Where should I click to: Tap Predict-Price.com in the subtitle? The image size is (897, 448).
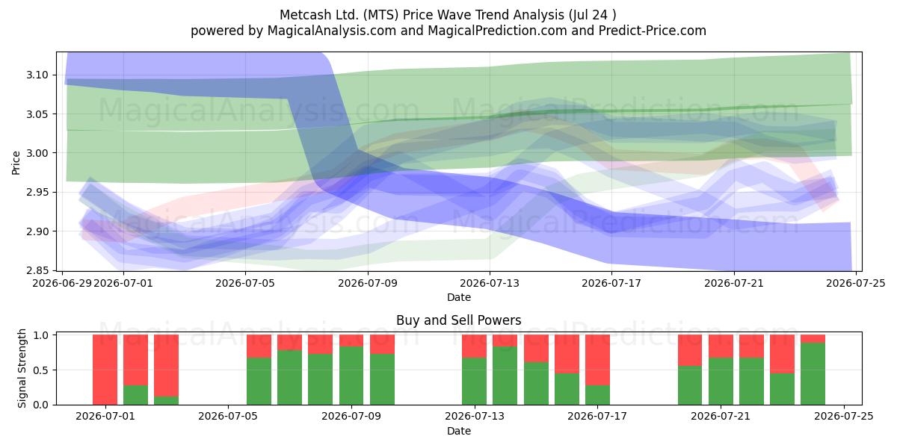653,31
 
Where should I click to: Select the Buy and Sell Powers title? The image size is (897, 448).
458,320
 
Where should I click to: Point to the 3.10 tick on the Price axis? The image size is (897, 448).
37,75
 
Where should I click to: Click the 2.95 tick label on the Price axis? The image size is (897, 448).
37,192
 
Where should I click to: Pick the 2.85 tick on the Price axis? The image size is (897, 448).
37,270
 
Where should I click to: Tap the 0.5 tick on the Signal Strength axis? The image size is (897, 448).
41,370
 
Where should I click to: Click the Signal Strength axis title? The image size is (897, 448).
22,368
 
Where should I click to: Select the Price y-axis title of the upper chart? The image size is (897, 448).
16,163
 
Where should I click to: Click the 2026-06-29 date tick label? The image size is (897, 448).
61,283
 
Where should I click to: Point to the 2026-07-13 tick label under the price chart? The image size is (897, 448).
490,283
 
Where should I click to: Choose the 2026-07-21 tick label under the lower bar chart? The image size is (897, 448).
721,416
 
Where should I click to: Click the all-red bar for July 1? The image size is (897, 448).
105,370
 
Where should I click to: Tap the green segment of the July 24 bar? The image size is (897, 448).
813,373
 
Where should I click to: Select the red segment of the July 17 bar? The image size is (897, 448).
597,360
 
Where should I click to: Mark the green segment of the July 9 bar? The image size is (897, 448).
382,379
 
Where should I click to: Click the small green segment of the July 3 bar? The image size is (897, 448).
166,400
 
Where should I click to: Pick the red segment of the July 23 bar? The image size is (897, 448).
782,354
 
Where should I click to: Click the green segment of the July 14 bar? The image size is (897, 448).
505,376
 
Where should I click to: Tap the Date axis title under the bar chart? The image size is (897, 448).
458,431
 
